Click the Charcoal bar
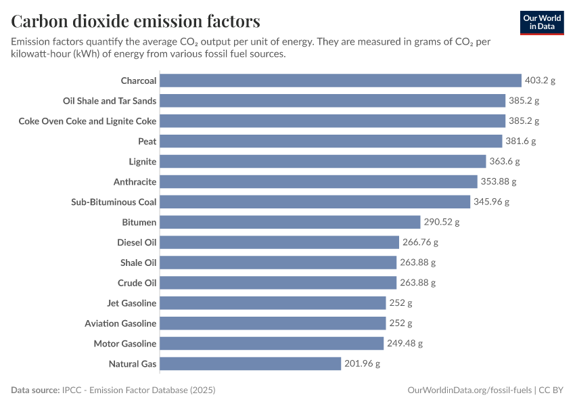tap(340, 81)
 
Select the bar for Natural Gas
tap(250, 364)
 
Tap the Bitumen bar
tap(290, 222)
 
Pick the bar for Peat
tap(333, 141)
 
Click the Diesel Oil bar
tap(279, 242)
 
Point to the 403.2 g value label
tap(540, 81)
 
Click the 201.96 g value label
tap(362, 364)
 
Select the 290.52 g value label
tap(442, 222)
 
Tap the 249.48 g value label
tap(405, 344)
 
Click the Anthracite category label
tap(135, 182)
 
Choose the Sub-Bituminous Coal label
tap(114, 202)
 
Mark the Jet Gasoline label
tap(131, 303)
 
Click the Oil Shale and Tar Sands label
tap(110, 101)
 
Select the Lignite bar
tap(323, 162)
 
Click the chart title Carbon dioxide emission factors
tap(135, 21)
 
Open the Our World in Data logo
tap(542, 22)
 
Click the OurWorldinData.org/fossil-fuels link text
tap(469, 390)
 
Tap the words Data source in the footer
tap(34, 390)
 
